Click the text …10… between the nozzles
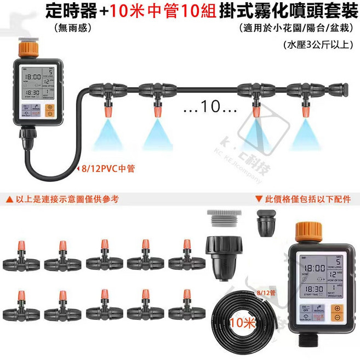pos(209,106)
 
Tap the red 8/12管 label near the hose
pos(267,294)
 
